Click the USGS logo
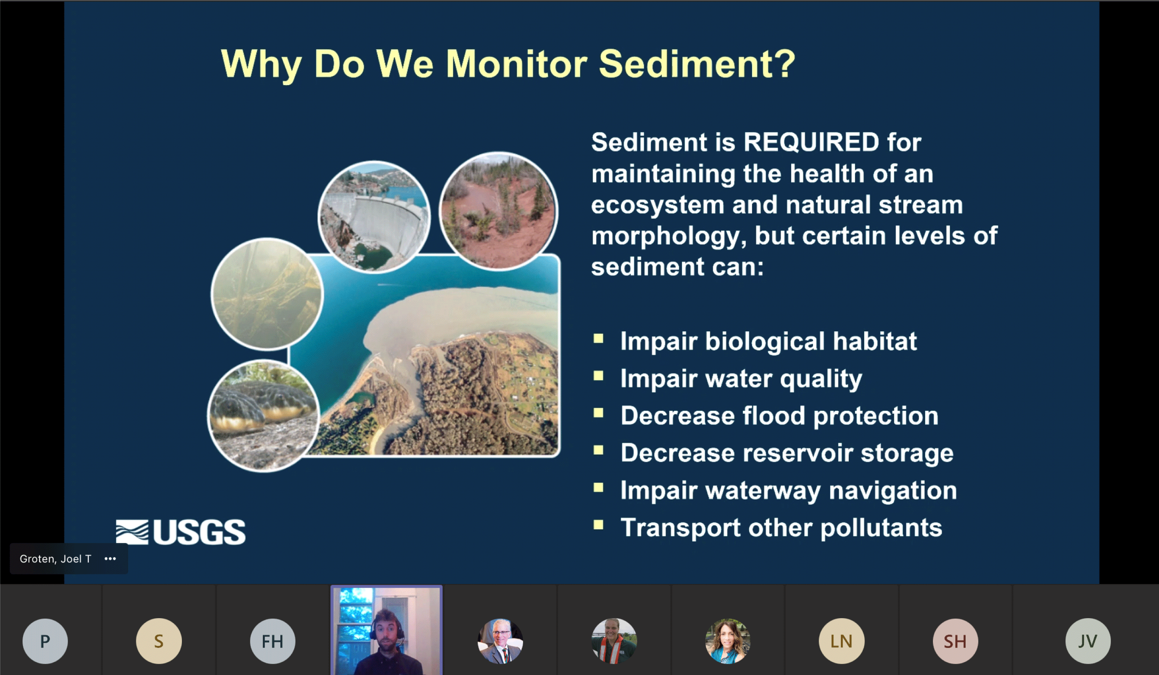click(x=180, y=532)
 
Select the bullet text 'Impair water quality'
click(x=741, y=379)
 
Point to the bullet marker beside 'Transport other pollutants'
click(x=598, y=525)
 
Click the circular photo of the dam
click(x=374, y=217)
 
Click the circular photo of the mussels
click(x=264, y=416)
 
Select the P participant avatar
click(x=45, y=641)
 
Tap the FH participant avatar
click(x=273, y=641)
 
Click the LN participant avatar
click(x=842, y=641)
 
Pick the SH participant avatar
click(x=955, y=641)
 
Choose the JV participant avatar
click(x=1088, y=641)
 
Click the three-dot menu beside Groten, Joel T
click(x=110, y=559)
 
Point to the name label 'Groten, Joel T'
click(x=55, y=559)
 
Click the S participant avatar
click(x=159, y=641)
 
